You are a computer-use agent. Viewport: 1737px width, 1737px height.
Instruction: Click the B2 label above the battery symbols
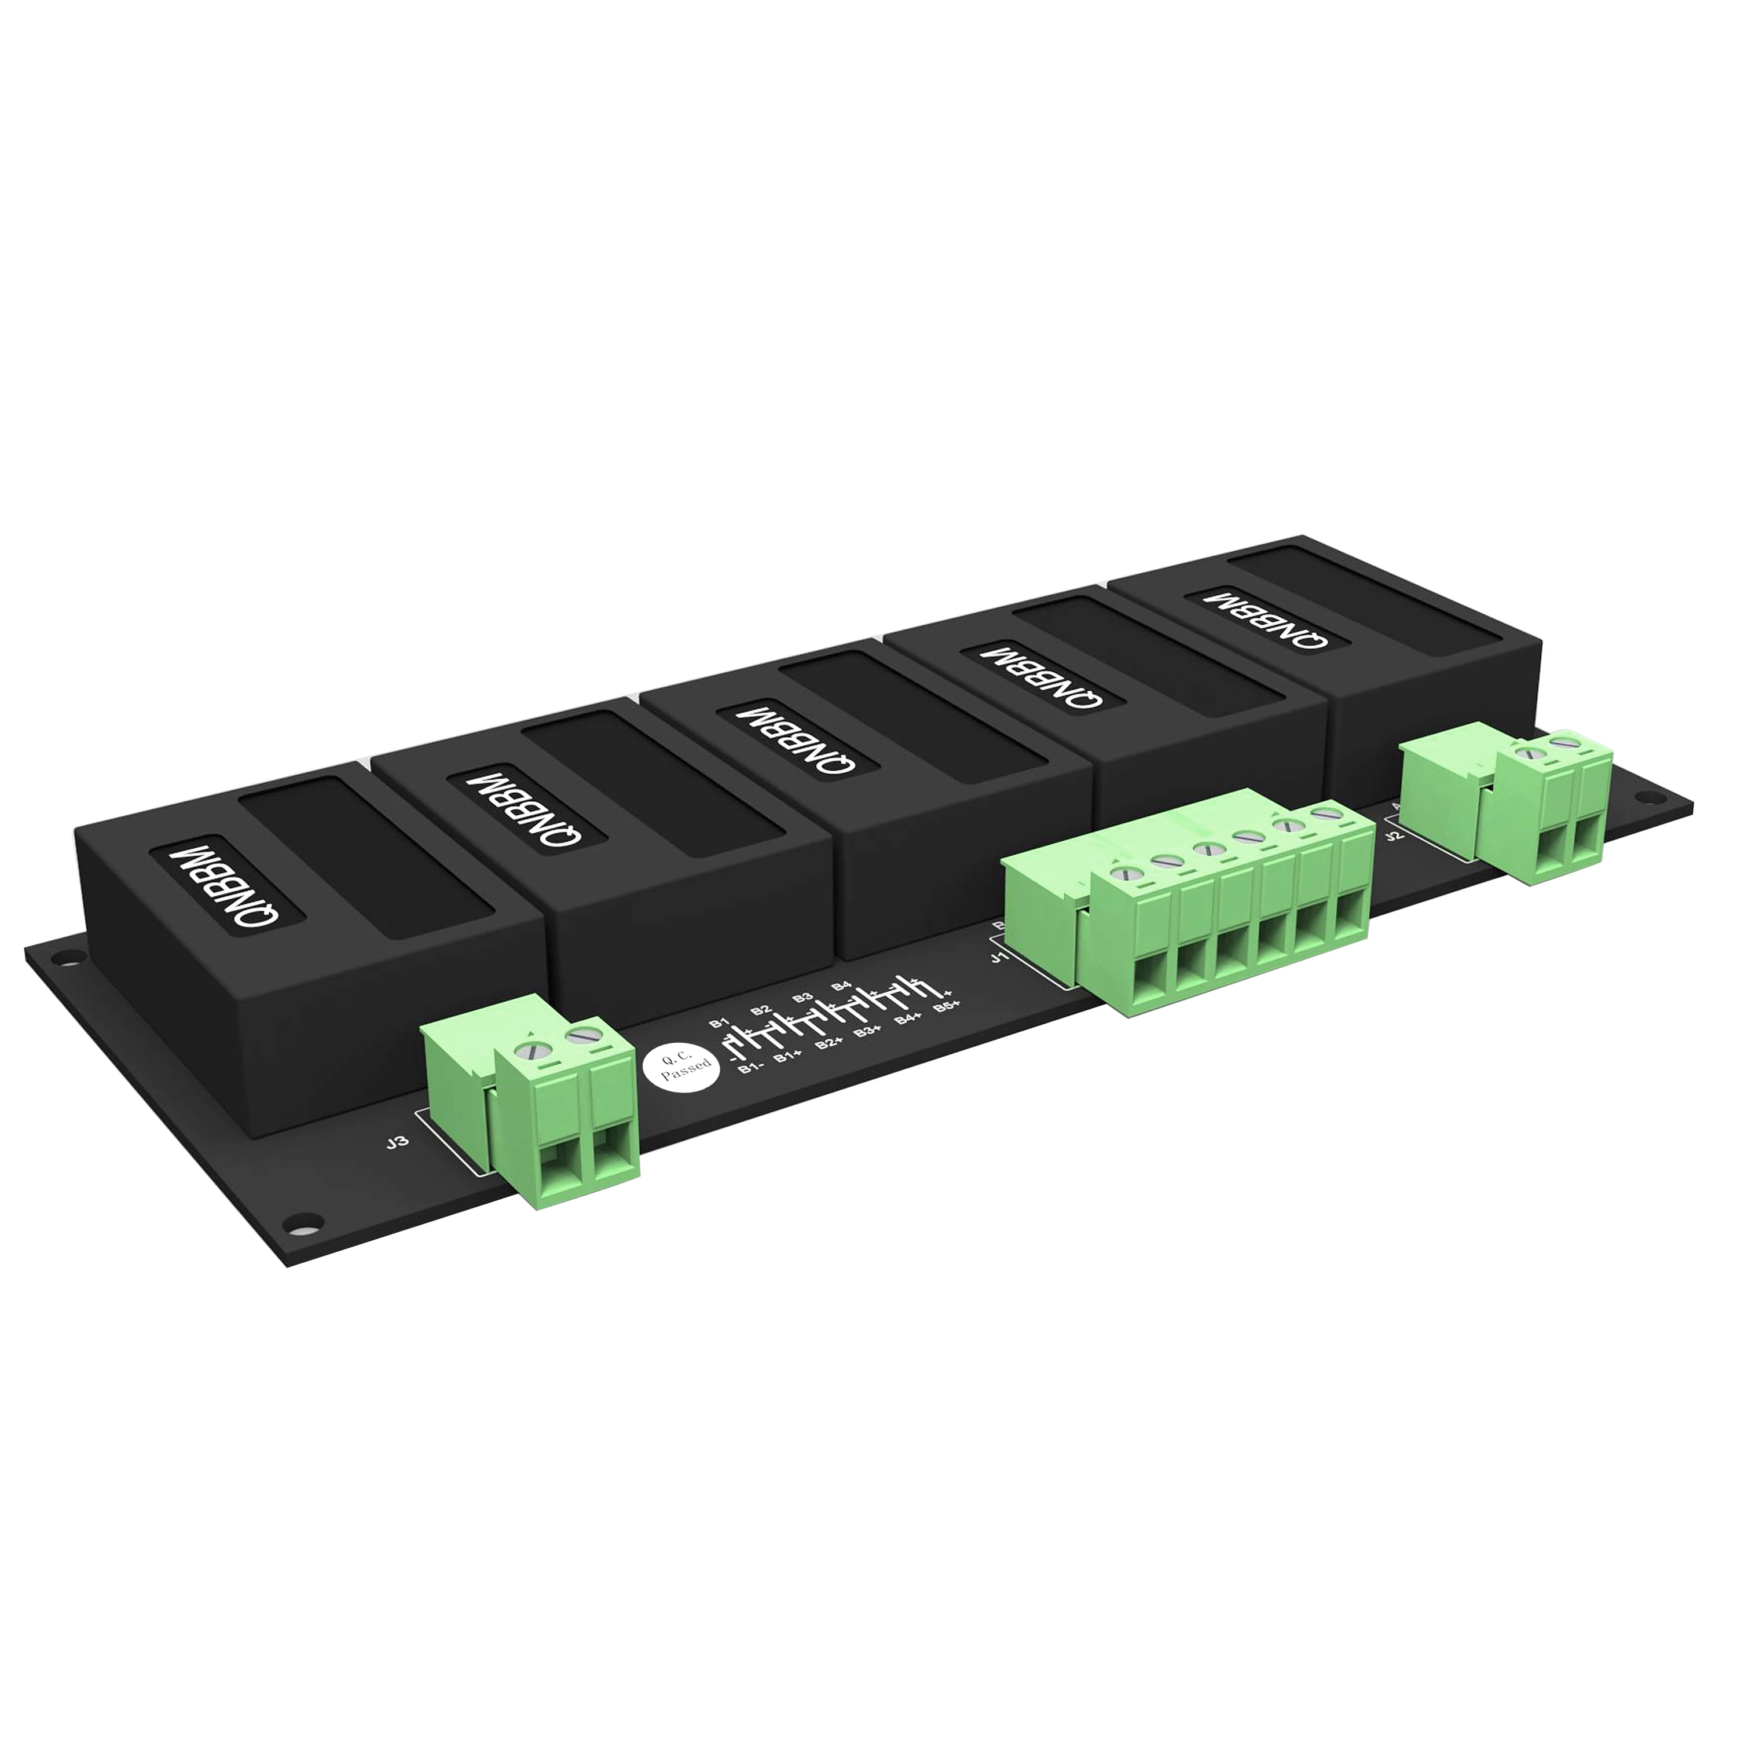(x=761, y=1010)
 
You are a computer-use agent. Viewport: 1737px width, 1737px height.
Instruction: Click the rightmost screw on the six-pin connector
(x=1322, y=815)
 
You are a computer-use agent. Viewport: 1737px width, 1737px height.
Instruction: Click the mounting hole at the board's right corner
(x=1643, y=797)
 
